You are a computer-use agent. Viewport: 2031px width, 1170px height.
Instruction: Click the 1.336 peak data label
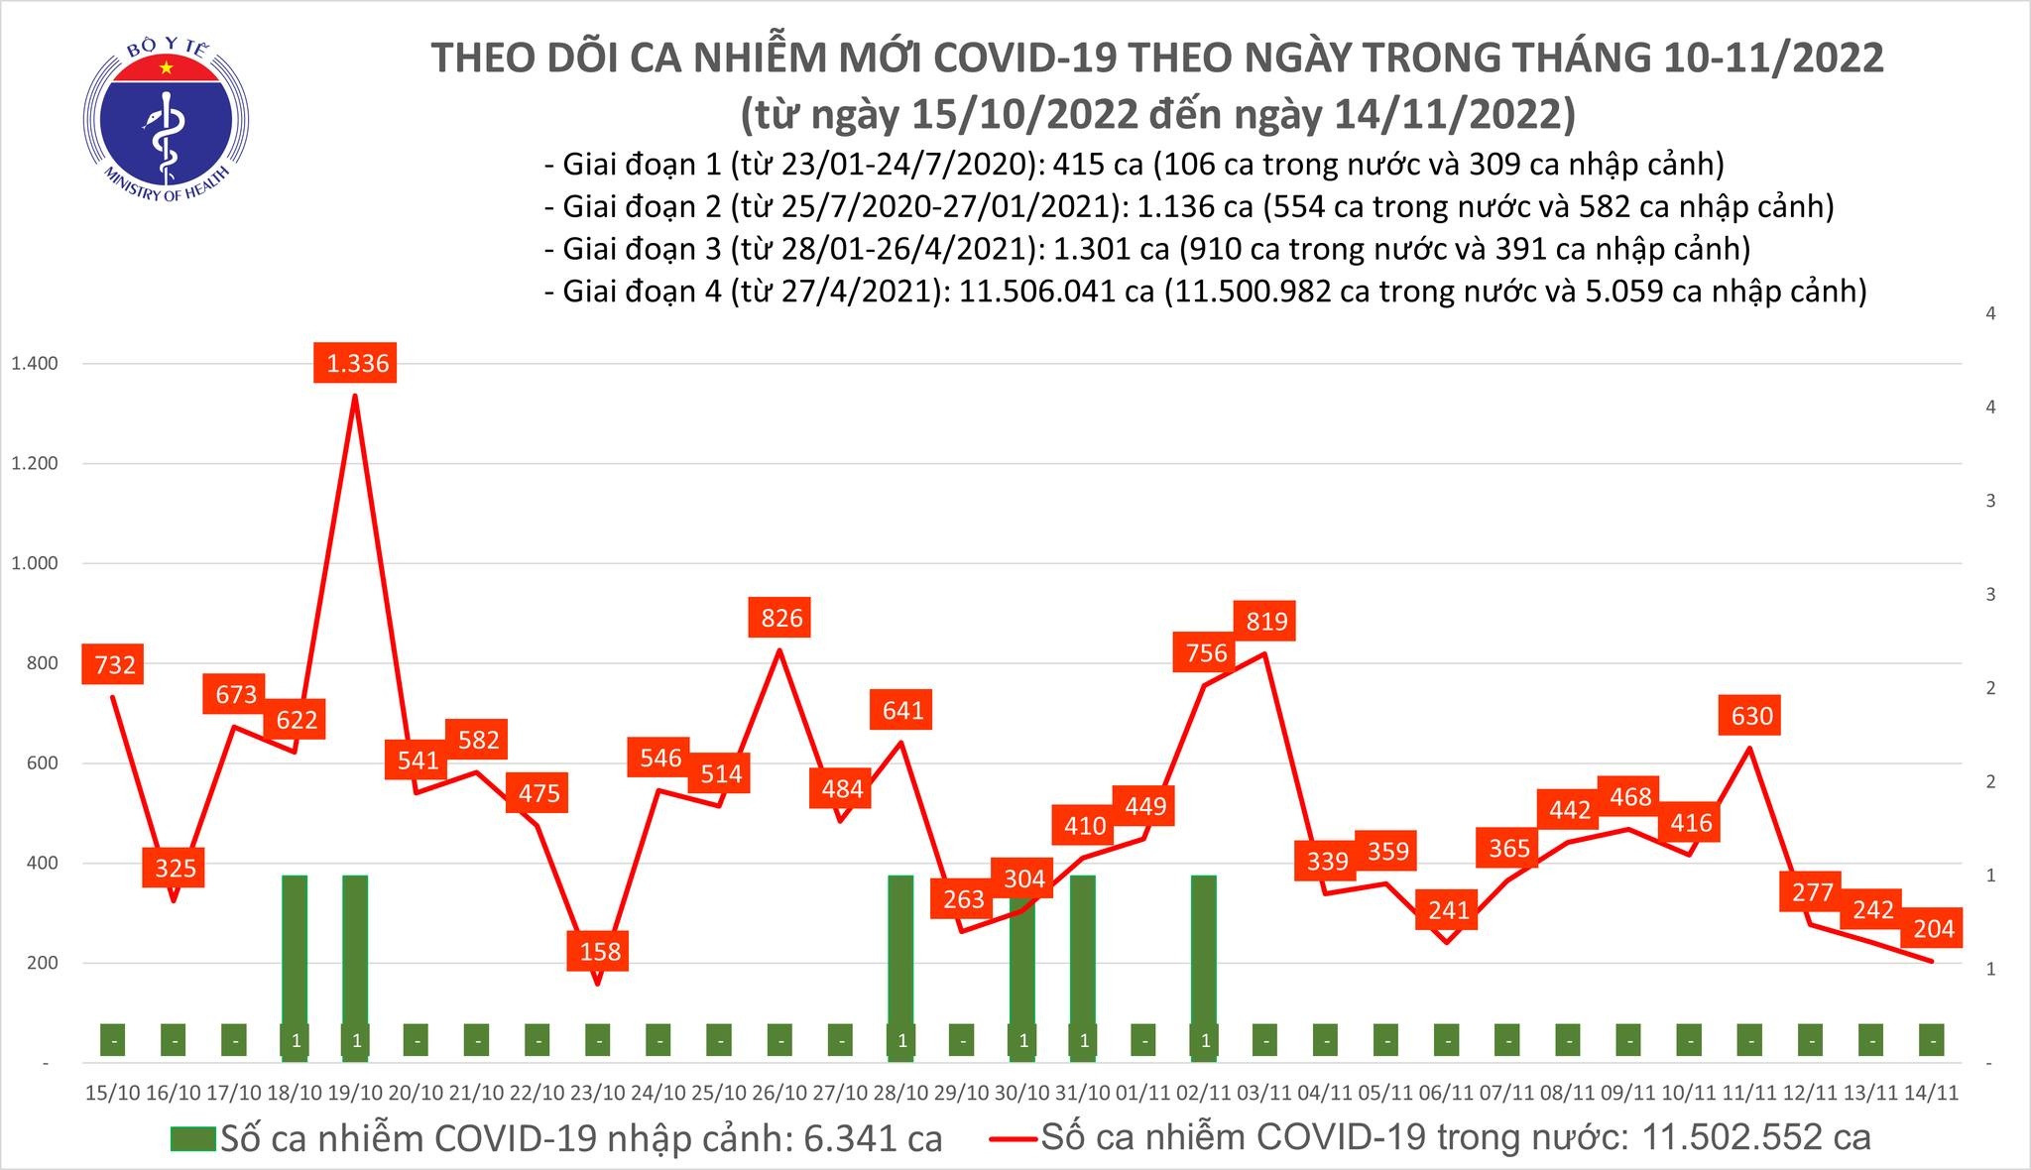click(358, 363)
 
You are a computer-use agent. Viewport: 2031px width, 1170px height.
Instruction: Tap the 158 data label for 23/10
click(600, 951)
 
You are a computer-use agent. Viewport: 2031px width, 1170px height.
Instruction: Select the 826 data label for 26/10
click(781, 618)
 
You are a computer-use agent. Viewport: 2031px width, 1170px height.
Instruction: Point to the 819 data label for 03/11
click(1266, 621)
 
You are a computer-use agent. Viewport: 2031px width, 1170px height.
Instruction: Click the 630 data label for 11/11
click(1751, 715)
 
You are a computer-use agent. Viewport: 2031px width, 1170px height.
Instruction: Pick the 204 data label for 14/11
click(1934, 928)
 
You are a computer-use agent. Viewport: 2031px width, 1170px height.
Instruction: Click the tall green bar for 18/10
click(296, 952)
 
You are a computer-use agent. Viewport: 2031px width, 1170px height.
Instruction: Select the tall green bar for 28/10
click(900, 952)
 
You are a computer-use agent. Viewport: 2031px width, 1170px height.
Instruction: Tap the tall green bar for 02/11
click(1204, 952)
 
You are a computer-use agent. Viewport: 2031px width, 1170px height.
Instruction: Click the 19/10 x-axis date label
click(355, 1093)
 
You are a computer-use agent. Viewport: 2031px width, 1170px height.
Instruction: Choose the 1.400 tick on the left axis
click(34, 364)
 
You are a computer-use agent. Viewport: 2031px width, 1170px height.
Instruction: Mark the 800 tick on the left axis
click(43, 663)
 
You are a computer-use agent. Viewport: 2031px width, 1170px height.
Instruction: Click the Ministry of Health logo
click(166, 124)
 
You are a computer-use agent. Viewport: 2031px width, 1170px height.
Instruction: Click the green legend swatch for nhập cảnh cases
click(192, 1138)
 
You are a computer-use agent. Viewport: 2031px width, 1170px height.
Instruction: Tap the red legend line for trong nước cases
click(1015, 1138)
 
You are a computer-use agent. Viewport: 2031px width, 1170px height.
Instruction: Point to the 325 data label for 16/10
click(176, 869)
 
